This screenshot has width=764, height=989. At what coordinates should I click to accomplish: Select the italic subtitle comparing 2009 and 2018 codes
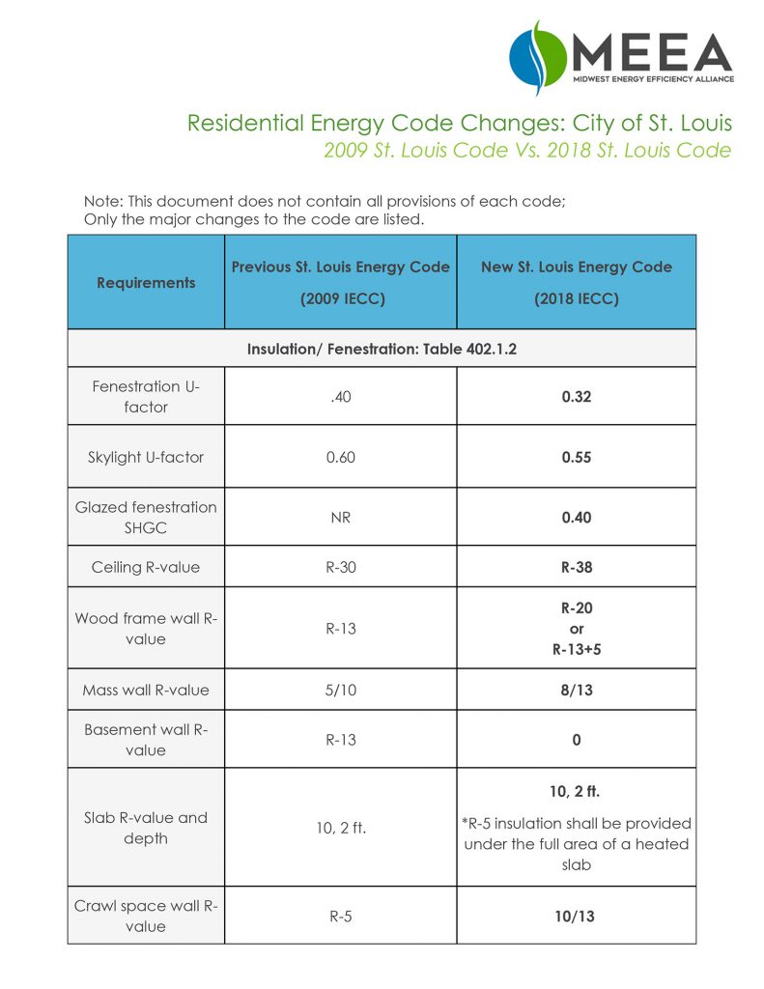tap(527, 151)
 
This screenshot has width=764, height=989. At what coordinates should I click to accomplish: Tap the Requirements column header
tap(146, 282)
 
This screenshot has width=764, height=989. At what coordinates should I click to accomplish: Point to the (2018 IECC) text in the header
tap(576, 298)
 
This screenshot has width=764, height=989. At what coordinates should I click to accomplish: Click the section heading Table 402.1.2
tap(381, 349)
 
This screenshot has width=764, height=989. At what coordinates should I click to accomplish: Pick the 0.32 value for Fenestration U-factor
tap(576, 396)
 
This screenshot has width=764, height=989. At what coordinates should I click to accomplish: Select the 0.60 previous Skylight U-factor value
tap(340, 457)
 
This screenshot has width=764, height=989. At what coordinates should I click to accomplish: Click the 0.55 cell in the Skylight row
tap(576, 457)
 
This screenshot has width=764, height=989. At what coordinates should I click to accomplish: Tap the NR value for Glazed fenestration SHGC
tap(340, 517)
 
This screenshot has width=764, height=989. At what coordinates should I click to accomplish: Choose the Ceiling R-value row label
tap(146, 567)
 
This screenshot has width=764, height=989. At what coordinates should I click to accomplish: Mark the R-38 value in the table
tap(576, 567)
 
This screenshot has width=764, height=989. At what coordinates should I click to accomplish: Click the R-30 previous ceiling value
tap(340, 567)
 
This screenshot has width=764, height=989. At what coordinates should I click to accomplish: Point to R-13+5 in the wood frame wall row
tap(576, 649)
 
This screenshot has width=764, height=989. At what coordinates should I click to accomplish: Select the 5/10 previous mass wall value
tap(340, 690)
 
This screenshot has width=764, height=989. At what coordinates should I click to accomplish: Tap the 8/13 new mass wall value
tap(576, 690)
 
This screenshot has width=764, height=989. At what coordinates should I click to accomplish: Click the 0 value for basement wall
tap(576, 740)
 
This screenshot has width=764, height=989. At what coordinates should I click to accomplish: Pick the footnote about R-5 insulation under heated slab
tap(577, 844)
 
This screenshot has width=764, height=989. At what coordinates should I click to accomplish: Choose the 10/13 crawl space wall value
tap(576, 916)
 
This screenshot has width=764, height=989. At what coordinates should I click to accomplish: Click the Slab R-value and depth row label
tap(146, 828)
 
